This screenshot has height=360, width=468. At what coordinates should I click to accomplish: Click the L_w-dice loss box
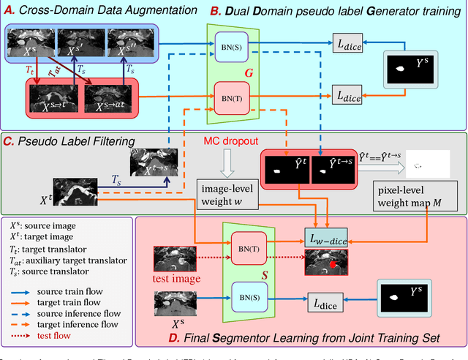(326, 238)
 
